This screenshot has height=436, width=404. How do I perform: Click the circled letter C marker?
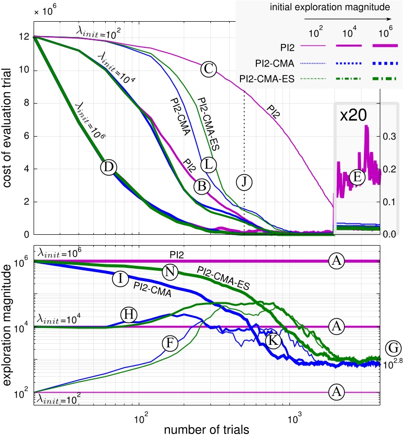(x=209, y=69)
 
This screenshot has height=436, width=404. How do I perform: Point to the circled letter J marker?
(x=243, y=182)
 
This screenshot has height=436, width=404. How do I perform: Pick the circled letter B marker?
(x=202, y=186)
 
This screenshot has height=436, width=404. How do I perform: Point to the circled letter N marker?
(x=170, y=272)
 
